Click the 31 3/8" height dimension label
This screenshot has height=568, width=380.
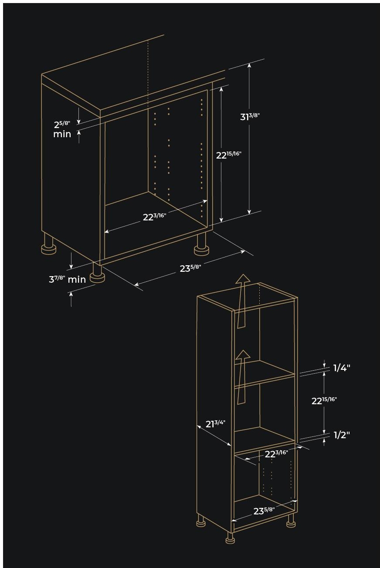pos(250,117)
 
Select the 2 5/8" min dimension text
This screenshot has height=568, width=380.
pos(62,129)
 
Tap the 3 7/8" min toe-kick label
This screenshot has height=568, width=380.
pos(67,279)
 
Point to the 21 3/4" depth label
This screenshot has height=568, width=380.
pos(215,423)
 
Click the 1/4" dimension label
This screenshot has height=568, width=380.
pos(342,368)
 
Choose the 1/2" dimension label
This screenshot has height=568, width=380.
pos(342,435)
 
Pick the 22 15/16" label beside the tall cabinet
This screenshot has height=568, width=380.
pos(324,401)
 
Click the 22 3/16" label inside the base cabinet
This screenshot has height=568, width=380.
pos(154,216)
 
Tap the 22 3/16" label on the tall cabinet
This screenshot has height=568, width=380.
pos(276,454)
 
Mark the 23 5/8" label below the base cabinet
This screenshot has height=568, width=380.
pos(190,268)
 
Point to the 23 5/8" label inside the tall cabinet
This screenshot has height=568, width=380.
pos(264,511)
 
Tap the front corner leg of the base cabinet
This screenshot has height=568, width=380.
pos(97,274)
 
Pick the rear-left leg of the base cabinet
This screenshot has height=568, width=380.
pos(48,244)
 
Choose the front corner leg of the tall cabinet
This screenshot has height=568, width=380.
pos(230,538)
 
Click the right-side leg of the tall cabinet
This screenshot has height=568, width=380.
pos(291,521)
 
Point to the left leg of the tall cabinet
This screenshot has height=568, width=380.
pos(200,521)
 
